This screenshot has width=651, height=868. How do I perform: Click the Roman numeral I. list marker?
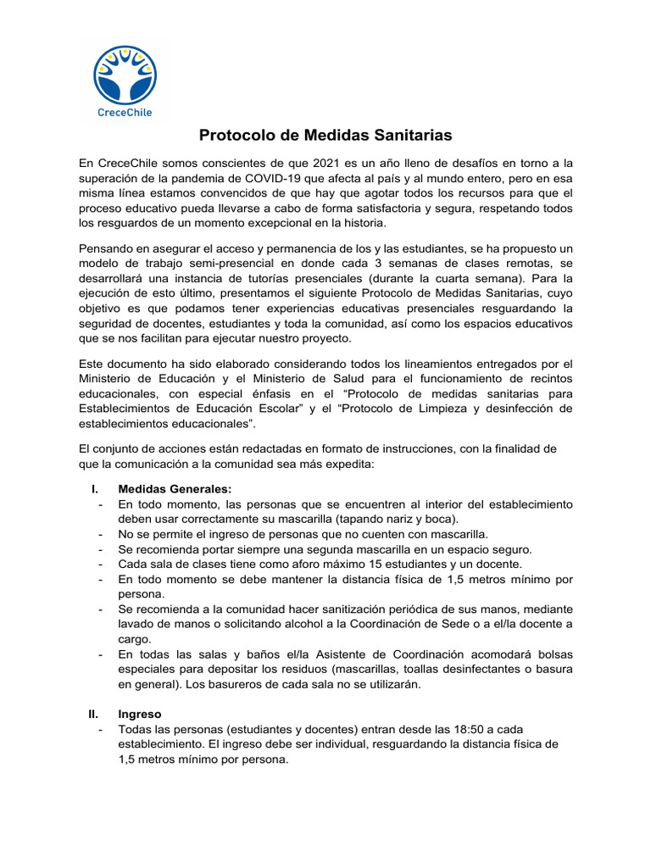(x=96, y=489)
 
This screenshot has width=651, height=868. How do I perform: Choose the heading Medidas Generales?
(x=175, y=489)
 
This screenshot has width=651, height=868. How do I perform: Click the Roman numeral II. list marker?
(x=94, y=715)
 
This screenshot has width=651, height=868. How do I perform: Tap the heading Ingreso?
(x=140, y=715)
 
